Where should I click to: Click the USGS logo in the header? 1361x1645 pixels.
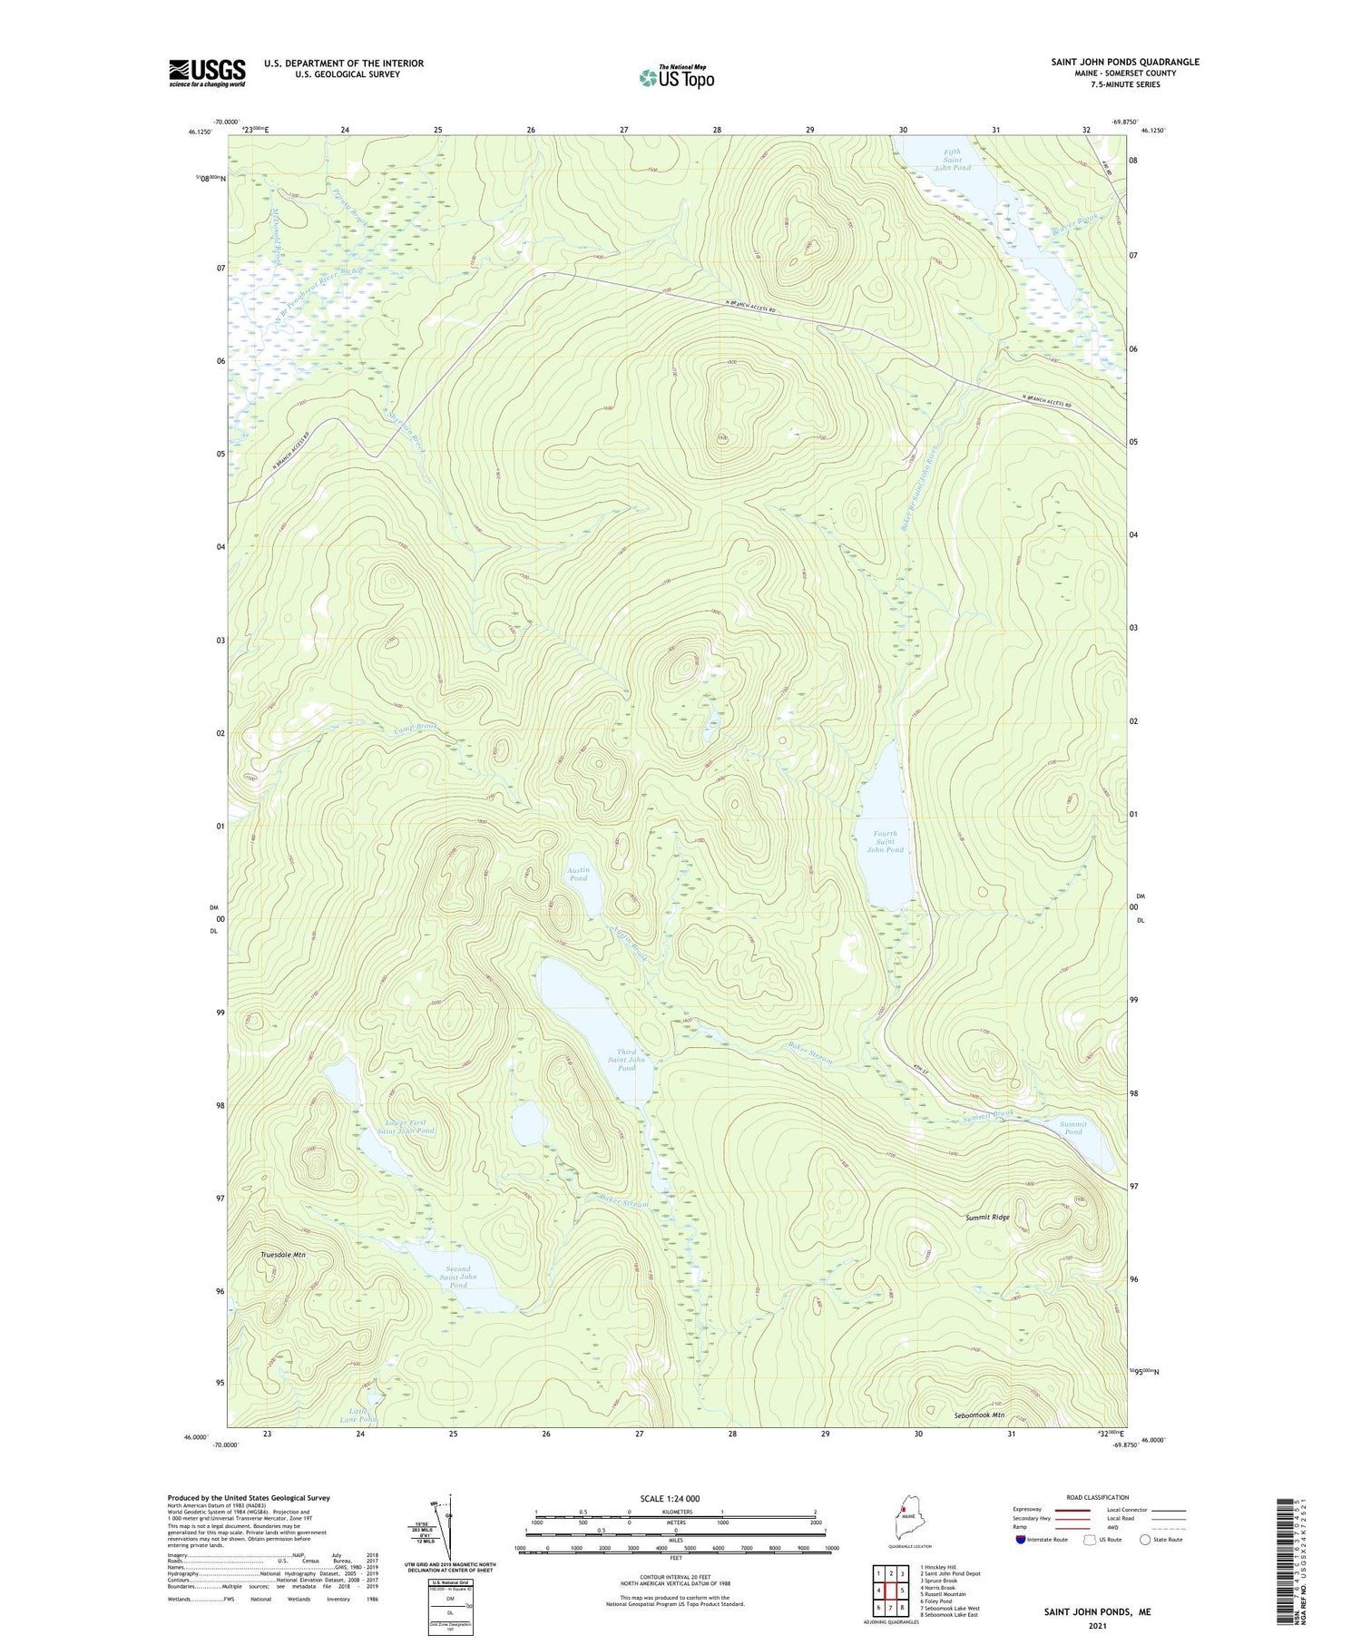click(207, 73)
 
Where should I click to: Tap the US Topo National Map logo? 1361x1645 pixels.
click(677, 77)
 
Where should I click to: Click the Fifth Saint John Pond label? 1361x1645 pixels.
click(952, 160)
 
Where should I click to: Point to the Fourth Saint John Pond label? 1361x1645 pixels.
click(885, 841)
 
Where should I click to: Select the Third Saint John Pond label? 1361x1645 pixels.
click(626, 1060)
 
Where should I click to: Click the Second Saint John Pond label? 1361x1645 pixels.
click(458, 1277)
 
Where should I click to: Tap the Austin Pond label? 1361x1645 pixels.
click(578, 874)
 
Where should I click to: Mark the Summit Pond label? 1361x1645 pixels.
click(1073, 1128)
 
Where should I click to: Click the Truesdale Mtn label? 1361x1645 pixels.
click(283, 1254)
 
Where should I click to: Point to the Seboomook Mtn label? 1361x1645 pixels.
click(979, 1415)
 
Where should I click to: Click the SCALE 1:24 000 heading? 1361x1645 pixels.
click(675, 1498)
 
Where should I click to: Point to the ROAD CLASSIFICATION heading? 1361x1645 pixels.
click(1098, 1497)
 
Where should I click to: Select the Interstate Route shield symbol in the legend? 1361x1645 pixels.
click(1022, 1540)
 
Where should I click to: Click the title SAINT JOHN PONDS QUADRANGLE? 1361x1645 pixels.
click(1124, 62)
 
